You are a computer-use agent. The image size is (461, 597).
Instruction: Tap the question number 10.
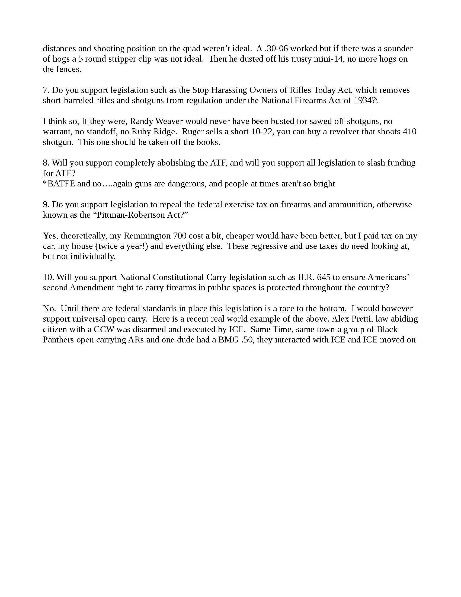48,277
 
